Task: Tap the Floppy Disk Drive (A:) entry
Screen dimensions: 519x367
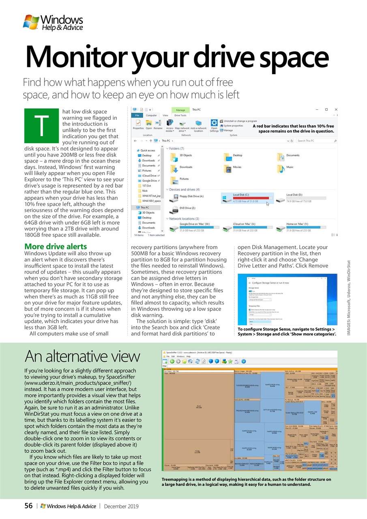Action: [191, 197]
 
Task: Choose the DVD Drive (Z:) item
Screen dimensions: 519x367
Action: [187, 208]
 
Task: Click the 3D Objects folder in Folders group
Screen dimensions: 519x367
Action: [186, 155]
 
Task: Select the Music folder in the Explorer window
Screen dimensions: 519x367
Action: [290, 167]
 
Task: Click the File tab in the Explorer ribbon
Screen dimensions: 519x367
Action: [137, 116]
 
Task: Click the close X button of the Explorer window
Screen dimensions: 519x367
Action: [336, 109]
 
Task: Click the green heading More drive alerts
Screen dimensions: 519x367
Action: [56, 247]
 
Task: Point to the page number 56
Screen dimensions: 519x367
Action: [28, 506]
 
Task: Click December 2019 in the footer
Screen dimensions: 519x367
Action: [121, 506]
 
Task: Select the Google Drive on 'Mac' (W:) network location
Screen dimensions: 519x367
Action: [194, 224]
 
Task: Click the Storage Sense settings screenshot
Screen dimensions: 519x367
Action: [287, 299]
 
